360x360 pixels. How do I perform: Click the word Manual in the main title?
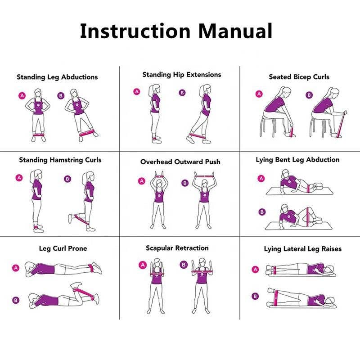[x=235, y=31]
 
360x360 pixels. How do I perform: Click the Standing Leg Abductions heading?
[x=57, y=77]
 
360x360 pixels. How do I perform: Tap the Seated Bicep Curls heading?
[x=299, y=77]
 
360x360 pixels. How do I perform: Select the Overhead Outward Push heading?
[x=180, y=162]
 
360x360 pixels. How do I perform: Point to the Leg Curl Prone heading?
[x=63, y=248]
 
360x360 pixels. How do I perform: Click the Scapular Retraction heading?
[x=177, y=248]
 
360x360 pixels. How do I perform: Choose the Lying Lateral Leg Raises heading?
[x=302, y=249]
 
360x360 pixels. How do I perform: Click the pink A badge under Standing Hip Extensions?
[x=137, y=92]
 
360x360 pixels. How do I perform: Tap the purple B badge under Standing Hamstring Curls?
[x=67, y=179]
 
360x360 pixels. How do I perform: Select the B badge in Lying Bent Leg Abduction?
[x=262, y=212]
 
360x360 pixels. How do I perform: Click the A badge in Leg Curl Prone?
[x=16, y=268]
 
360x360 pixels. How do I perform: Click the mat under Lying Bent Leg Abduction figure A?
[x=299, y=191]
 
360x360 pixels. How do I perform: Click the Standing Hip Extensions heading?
[x=182, y=75]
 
